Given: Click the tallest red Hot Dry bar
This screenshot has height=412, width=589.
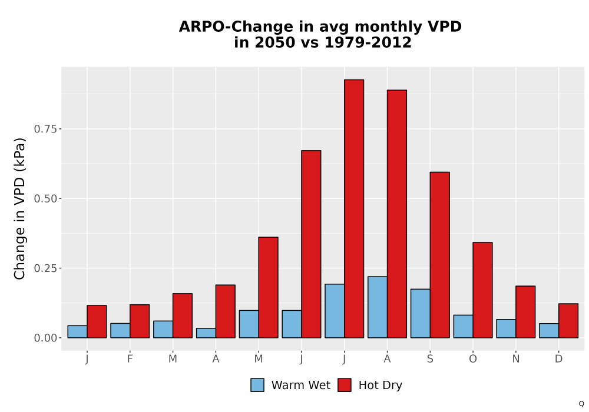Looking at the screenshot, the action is click(354, 208).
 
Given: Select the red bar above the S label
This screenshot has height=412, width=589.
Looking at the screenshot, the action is click(439, 255).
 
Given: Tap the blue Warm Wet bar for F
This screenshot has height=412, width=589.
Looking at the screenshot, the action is click(120, 331).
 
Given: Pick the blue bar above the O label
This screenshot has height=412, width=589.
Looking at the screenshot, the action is click(463, 327).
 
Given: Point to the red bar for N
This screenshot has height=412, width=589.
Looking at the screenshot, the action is click(525, 312).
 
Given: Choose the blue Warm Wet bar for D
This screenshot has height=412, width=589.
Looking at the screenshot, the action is click(549, 331).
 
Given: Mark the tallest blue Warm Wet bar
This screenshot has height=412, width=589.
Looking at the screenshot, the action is click(378, 307).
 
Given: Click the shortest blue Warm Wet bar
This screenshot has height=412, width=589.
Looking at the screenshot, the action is click(206, 333).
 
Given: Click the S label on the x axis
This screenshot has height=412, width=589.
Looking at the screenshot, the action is click(430, 359).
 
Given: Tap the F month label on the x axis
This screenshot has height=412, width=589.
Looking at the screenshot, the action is click(130, 359).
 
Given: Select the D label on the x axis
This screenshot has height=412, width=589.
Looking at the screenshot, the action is click(558, 359).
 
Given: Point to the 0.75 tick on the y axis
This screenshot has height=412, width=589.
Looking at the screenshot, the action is click(46, 129).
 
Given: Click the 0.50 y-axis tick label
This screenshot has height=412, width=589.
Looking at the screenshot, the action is click(46, 199).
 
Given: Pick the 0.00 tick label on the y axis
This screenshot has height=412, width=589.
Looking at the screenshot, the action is click(46, 338).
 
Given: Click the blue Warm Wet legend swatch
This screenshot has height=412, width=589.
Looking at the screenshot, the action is click(257, 385).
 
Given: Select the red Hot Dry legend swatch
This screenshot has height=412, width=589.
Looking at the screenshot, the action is click(345, 385).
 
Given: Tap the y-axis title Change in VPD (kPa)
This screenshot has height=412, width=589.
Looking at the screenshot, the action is click(19, 209).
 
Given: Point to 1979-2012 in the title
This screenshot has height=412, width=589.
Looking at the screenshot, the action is click(368, 42).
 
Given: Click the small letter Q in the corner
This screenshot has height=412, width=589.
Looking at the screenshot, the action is click(581, 404).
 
